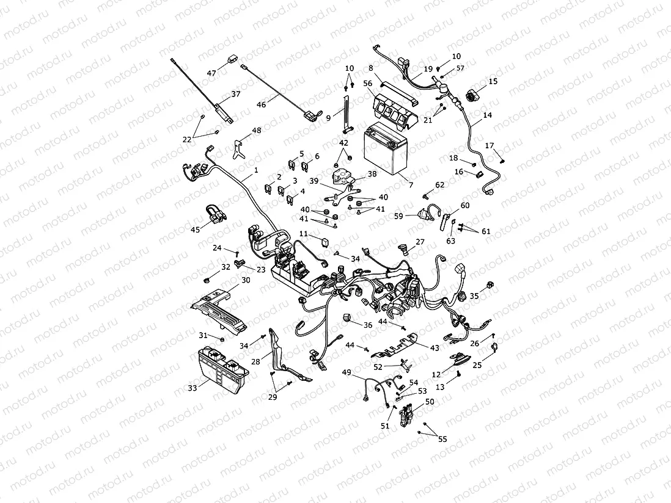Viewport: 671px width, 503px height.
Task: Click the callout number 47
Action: tap(211, 73)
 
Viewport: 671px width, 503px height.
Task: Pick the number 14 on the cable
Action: tap(487, 115)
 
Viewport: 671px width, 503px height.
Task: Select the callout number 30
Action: tap(246, 280)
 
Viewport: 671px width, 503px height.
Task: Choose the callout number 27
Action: tap(420, 242)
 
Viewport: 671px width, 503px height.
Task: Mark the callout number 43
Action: tap(435, 348)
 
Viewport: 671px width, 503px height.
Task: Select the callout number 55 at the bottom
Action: tap(442, 439)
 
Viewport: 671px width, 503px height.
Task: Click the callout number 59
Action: tap(398, 215)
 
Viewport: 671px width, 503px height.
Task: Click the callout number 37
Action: tap(235, 95)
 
